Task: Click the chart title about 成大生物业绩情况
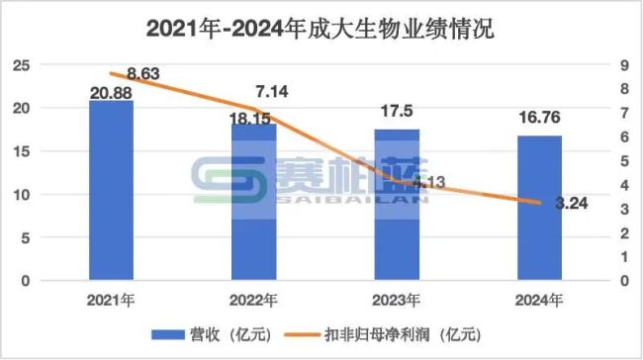pos(321,28)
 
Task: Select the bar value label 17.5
pos(396,114)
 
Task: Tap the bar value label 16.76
pos(539,122)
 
